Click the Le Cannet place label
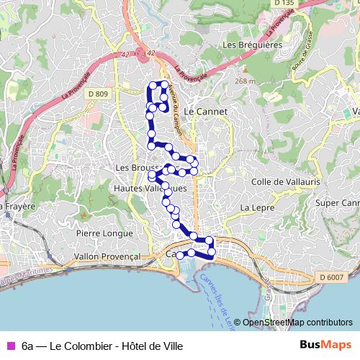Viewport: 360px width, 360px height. [x=206, y=112]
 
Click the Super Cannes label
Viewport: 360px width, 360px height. [x=336, y=204]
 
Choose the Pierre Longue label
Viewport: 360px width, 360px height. [x=104, y=233]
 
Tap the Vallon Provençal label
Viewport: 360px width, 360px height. [x=107, y=256]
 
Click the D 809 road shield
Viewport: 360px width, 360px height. [x=101, y=94]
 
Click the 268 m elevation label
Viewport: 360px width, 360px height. [x=245, y=81]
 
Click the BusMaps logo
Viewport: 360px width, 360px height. [x=325, y=346]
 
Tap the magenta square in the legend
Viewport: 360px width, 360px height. [x=10, y=346]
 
